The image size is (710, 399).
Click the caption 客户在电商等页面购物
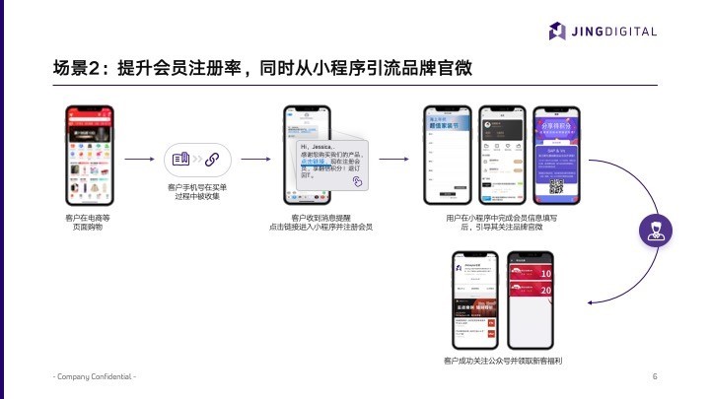[x=88, y=221]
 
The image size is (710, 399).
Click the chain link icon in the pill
[x=211, y=159]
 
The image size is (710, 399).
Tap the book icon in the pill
[x=179, y=159]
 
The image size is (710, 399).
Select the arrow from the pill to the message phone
[x=255, y=159]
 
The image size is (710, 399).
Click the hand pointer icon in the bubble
[x=358, y=181]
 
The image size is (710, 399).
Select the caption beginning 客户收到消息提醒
[x=320, y=222]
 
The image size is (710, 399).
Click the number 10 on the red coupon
[x=545, y=273]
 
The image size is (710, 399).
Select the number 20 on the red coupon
[x=545, y=292]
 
